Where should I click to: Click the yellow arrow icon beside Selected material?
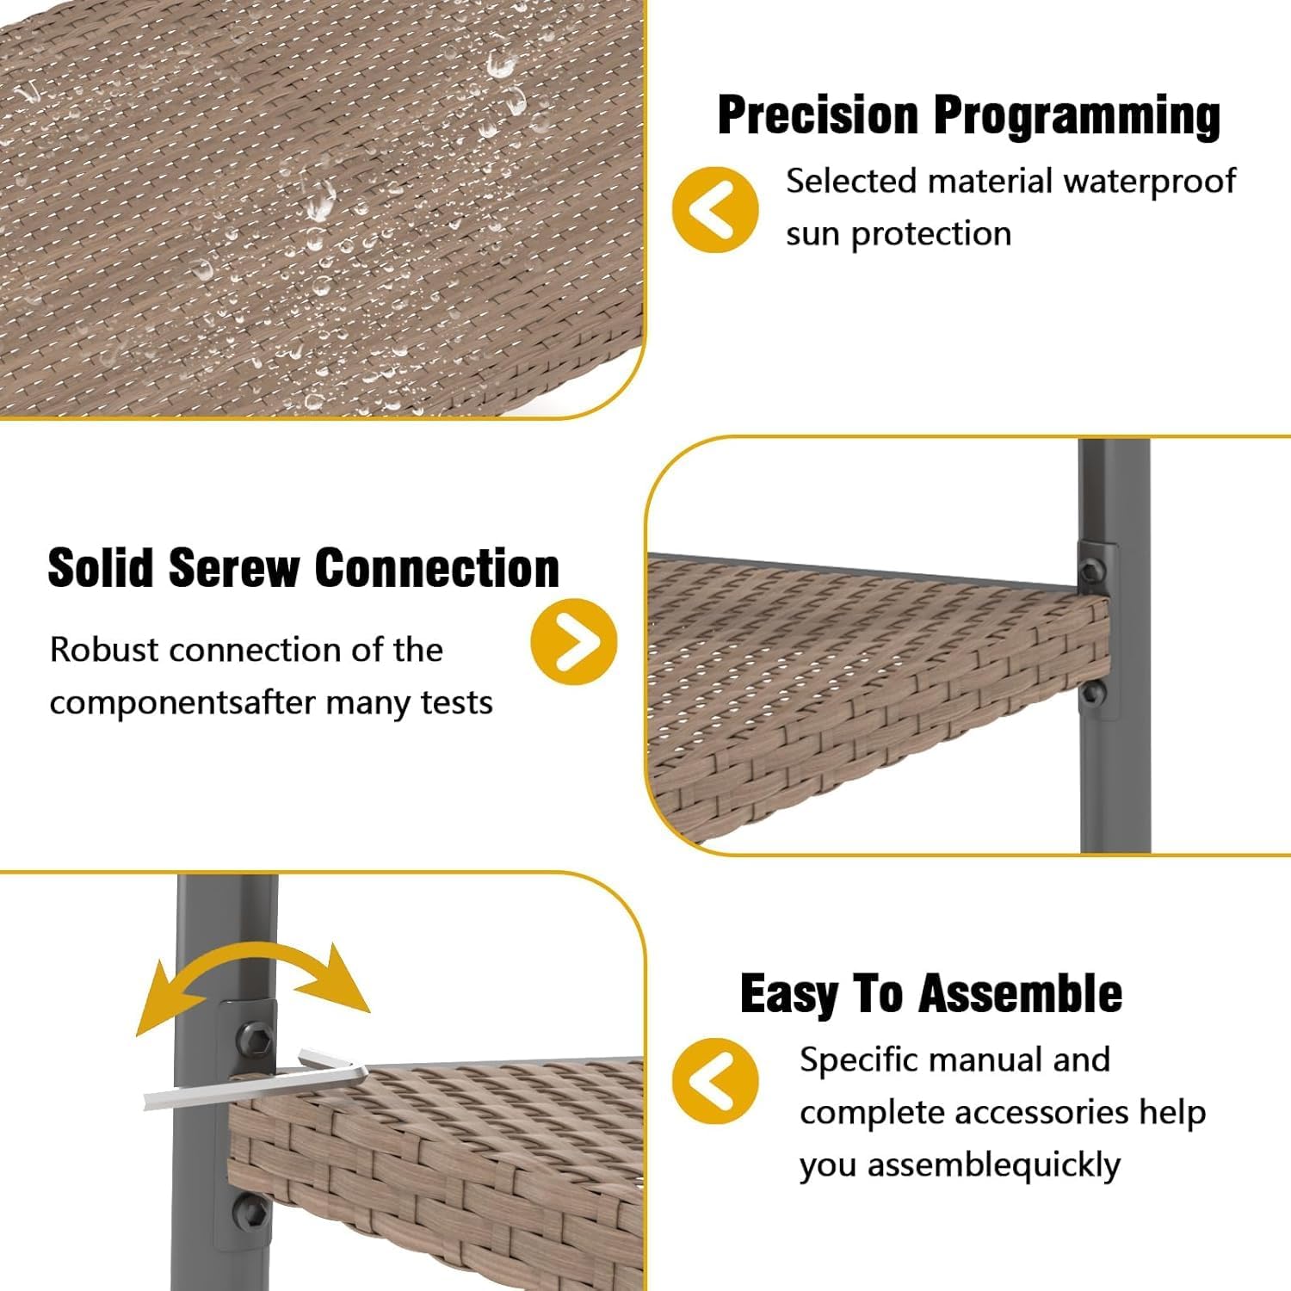[715, 209]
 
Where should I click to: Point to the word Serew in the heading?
[233, 568]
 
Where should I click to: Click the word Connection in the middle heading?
[437, 568]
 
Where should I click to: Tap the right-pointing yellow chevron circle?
[574, 641]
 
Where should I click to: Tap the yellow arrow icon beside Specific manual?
[715, 1081]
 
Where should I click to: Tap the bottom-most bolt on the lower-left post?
[250, 1212]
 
